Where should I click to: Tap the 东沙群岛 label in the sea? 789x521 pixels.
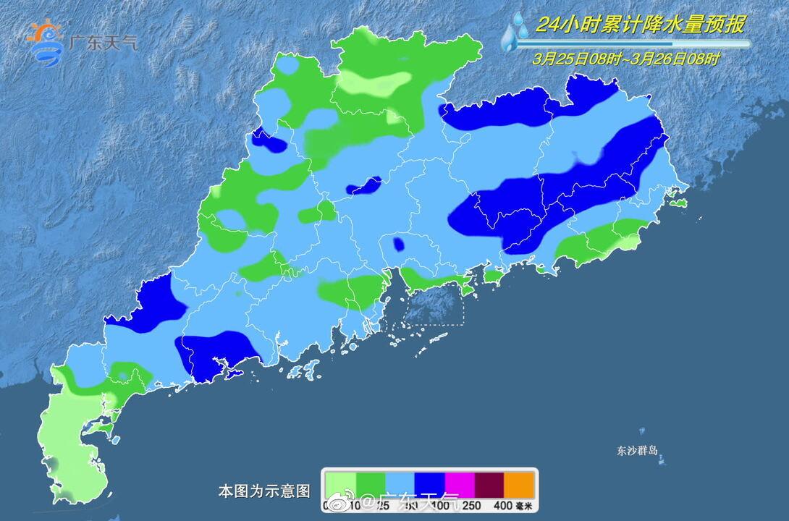point(637,451)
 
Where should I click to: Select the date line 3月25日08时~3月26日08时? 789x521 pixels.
point(625,59)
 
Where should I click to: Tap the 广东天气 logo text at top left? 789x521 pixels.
point(101,42)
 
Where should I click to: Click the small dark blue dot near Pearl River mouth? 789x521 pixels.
point(398,244)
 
